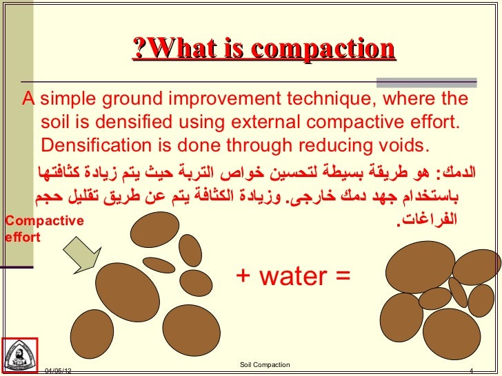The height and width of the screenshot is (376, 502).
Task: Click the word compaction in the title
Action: (323, 49)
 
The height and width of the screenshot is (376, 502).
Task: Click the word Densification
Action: (96, 147)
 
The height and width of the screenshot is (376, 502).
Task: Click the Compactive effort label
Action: (43, 229)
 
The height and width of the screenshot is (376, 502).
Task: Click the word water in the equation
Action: (293, 276)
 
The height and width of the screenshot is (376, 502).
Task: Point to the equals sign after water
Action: (343, 277)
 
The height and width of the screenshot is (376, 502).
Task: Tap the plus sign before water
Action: (243, 277)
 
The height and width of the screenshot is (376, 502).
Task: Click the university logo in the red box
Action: (20, 355)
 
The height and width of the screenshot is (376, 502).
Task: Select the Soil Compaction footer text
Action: (265, 364)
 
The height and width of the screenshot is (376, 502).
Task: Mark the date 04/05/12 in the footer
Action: (58, 371)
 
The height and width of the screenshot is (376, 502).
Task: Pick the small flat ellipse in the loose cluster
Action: (159, 264)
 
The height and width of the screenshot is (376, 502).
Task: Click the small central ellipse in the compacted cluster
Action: (435, 298)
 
